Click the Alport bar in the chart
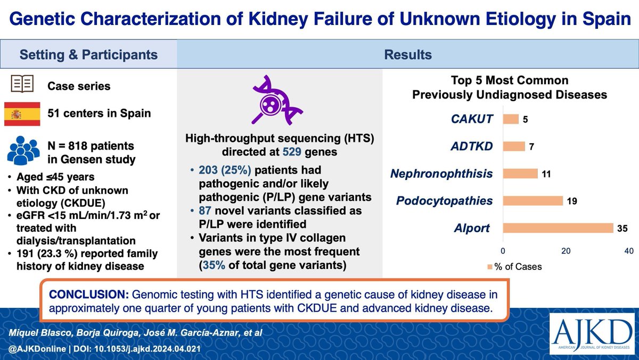click(x=558, y=228)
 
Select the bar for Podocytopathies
click(x=532, y=201)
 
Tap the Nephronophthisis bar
click(x=520, y=174)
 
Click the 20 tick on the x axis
click(x=566, y=250)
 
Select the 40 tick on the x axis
click(x=628, y=250)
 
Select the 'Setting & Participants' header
click(x=88, y=55)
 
